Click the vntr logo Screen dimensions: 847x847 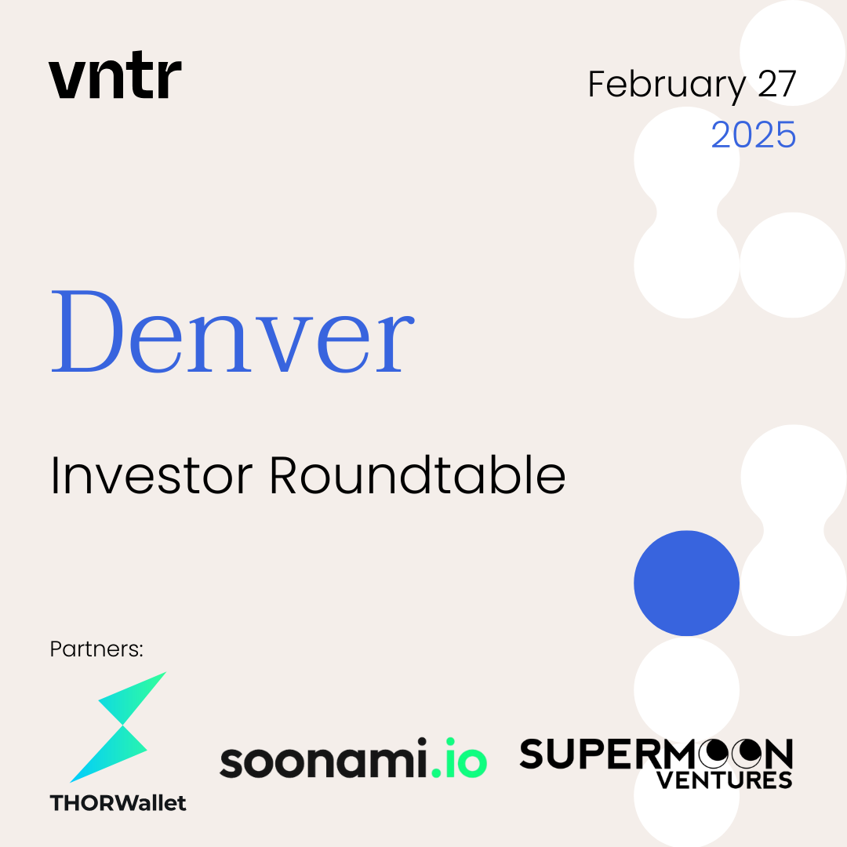point(115,75)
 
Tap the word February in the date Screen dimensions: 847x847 point(667,85)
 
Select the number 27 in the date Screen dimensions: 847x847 point(776,84)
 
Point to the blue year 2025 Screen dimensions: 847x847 point(754,135)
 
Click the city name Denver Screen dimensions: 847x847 point(233,331)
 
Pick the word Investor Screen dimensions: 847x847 point(151,475)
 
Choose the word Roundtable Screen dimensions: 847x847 point(417,474)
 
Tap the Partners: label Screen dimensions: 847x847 point(96,649)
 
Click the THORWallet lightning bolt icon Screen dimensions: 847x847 point(118,727)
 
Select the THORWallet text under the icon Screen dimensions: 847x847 point(118,803)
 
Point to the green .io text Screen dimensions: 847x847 point(460,758)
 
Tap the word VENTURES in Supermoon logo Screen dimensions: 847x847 point(725,780)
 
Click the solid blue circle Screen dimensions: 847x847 point(686,583)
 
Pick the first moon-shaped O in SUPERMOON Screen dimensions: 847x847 point(714,754)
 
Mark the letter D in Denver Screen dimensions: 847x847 point(88,331)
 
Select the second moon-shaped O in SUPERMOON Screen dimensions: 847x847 point(747,754)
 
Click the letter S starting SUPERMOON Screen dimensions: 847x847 point(532,754)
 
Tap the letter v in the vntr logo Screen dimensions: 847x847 point(65,79)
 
